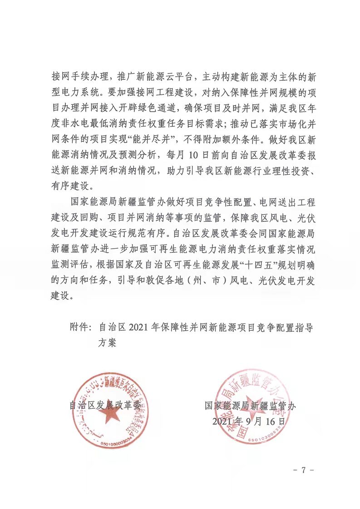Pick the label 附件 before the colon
tap(80, 327)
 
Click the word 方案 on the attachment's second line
tap(108, 343)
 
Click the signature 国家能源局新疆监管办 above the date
tap(250, 406)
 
